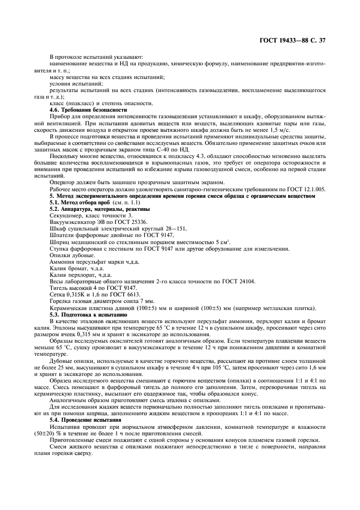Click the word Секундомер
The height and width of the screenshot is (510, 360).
67,216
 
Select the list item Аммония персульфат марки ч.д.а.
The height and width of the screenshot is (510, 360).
88,262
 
